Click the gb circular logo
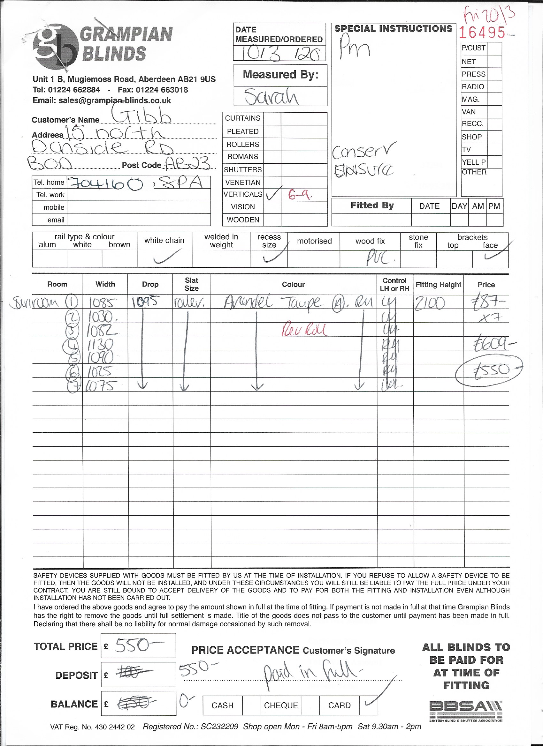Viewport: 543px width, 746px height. [x=55, y=46]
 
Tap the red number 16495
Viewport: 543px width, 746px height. [x=482, y=33]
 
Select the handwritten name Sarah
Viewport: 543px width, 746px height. [x=271, y=97]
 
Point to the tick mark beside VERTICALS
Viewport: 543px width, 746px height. [x=273, y=194]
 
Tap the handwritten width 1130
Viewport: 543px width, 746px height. [x=100, y=344]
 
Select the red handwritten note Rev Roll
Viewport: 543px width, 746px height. [x=304, y=330]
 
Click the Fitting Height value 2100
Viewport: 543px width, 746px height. [x=430, y=303]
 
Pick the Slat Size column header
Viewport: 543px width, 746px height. [x=191, y=284]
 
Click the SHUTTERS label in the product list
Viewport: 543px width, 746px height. [x=243, y=170]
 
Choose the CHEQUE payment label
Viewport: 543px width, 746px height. [x=281, y=705]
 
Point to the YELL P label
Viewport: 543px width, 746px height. [x=473, y=162]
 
